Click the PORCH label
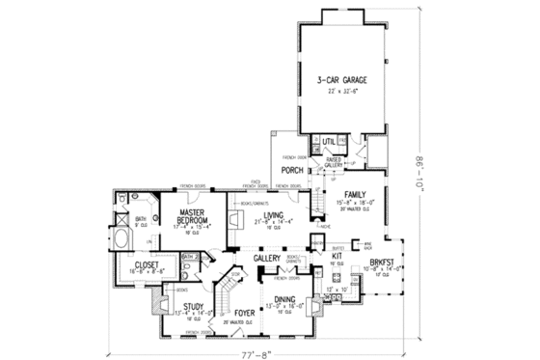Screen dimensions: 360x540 click(x=290, y=171)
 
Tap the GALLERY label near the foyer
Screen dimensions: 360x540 click(x=267, y=259)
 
